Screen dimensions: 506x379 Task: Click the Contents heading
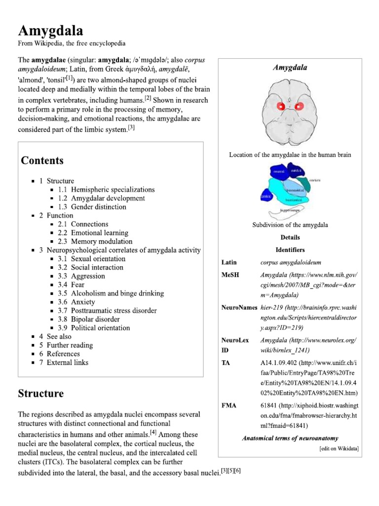point(42,161)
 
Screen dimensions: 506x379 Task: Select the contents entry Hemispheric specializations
point(113,190)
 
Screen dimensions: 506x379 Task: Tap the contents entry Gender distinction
point(99,207)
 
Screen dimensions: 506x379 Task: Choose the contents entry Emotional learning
point(99,233)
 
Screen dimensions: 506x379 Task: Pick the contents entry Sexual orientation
point(98,259)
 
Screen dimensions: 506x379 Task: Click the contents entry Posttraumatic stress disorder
point(114,311)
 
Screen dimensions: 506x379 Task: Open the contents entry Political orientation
point(100,328)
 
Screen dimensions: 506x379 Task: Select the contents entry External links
point(68,363)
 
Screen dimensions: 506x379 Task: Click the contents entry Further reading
point(70,345)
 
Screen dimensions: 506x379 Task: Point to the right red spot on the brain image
point(300,105)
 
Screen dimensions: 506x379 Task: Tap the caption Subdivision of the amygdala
point(290,225)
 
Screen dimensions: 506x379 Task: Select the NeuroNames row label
point(239,307)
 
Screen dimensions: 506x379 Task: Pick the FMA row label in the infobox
point(229,406)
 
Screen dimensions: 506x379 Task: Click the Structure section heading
point(41,394)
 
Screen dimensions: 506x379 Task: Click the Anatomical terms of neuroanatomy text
point(290,438)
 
